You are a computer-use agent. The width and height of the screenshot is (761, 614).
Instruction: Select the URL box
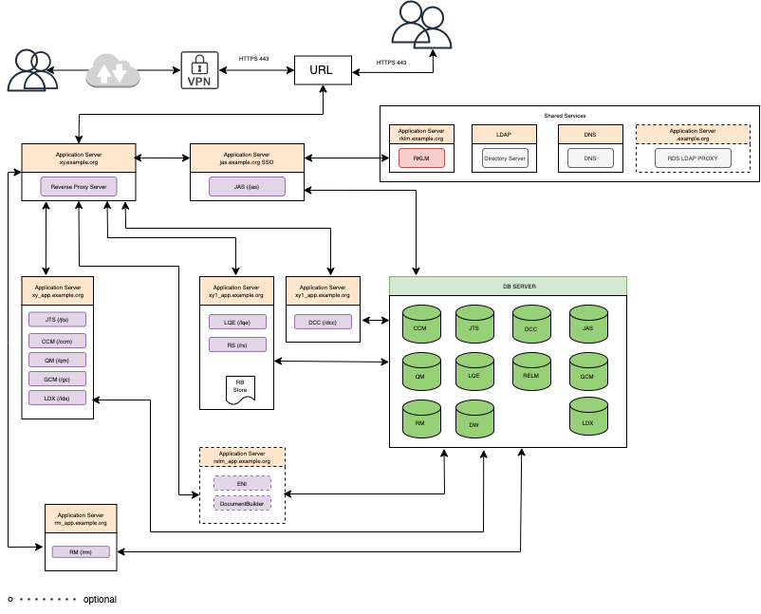pyautogui.click(x=323, y=70)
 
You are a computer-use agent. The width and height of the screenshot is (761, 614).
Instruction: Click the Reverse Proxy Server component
pyautogui.click(x=78, y=187)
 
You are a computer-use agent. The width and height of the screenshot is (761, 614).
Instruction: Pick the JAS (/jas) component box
pyautogui.click(x=247, y=187)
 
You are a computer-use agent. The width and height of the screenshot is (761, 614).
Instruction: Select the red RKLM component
pyautogui.click(x=422, y=158)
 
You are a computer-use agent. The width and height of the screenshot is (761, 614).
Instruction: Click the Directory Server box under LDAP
pyautogui.click(x=504, y=158)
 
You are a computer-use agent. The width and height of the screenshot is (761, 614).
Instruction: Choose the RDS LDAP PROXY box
pyautogui.click(x=693, y=158)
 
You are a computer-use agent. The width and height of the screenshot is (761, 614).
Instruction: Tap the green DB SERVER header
pyautogui.click(x=508, y=285)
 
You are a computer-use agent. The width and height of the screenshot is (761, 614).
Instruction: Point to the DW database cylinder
pyautogui.click(x=473, y=419)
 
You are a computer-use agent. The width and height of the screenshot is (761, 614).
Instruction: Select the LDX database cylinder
pyautogui.click(x=587, y=417)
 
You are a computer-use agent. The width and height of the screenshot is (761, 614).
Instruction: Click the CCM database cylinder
pyautogui.click(x=420, y=325)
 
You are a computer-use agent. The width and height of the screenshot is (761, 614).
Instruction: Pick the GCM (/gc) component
pyautogui.click(x=57, y=379)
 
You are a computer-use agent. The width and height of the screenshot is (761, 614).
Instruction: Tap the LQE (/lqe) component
pyautogui.click(x=236, y=323)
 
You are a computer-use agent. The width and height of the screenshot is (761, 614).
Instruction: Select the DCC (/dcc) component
pyautogui.click(x=323, y=323)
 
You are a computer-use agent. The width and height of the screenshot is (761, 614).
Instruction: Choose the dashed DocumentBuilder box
pyautogui.click(x=242, y=502)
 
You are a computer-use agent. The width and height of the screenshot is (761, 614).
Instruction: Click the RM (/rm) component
pyautogui.click(x=81, y=551)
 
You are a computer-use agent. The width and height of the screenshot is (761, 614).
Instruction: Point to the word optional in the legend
pyautogui.click(x=100, y=600)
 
